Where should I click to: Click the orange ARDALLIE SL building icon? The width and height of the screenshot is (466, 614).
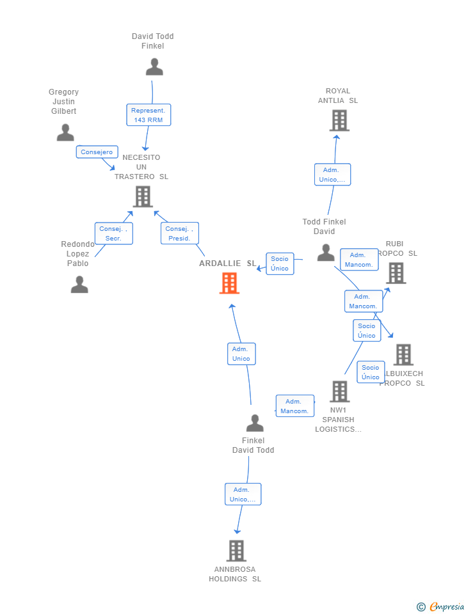(229, 283)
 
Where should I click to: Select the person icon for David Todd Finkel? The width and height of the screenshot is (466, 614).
(154, 67)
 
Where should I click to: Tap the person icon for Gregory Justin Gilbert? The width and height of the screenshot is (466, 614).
(65, 132)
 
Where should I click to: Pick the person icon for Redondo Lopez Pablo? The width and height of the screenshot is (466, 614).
(79, 284)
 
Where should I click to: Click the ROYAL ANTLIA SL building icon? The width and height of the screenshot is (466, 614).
(339, 120)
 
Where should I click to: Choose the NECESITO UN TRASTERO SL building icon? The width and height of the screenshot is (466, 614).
(143, 196)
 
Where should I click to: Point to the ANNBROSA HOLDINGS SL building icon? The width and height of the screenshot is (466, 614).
(236, 551)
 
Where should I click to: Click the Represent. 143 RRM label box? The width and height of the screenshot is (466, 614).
(149, 115)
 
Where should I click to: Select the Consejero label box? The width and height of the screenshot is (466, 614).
(97, 152)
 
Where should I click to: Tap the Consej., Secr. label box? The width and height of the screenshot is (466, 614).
(113, 233)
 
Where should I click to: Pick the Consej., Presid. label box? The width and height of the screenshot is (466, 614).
(179, 233)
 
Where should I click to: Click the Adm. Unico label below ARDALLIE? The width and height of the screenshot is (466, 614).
(241, 354)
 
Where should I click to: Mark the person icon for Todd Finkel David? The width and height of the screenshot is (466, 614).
(326, 253)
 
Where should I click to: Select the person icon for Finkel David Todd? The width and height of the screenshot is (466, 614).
(255, 423)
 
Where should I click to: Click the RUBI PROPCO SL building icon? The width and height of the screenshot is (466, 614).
(396, 273)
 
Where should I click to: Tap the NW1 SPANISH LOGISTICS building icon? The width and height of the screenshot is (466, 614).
(339, 391)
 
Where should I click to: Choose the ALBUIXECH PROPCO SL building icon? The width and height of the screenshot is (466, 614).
(403, 354)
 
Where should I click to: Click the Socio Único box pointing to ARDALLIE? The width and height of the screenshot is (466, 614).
(280, 264)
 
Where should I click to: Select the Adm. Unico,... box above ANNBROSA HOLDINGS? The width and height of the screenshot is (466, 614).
(243, 494)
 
